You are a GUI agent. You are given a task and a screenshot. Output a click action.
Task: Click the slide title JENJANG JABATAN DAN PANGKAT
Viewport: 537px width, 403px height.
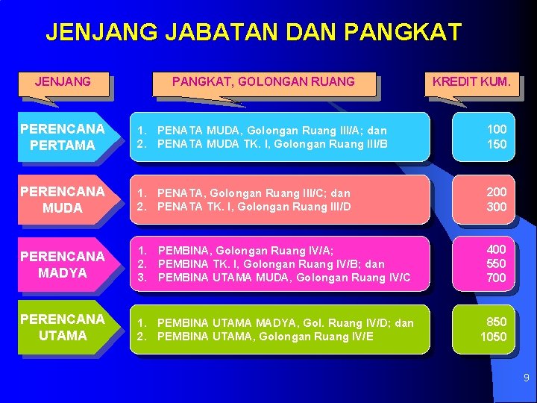click(254, 32)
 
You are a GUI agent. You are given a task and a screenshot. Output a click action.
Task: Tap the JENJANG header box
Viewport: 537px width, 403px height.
click(63, 81)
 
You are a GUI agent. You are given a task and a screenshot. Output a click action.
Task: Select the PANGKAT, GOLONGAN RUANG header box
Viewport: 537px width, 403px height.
click(263, 81)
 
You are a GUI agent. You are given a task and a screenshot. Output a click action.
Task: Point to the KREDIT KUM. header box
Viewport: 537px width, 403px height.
click(471, 81)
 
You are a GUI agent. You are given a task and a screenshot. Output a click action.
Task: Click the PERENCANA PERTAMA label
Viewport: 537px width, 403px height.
click(63, 137)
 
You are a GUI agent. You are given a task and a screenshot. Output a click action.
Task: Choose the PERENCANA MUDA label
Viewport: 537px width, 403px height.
click(63, 199)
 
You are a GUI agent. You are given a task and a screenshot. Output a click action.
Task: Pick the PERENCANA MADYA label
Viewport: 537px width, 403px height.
click(63, 264)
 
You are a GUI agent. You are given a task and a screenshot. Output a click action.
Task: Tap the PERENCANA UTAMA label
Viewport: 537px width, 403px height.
click(63, 327)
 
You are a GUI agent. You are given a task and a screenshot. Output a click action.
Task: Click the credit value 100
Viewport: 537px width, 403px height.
click(497, 129)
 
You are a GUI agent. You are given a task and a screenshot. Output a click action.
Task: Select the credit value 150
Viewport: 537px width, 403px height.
click(497, 144)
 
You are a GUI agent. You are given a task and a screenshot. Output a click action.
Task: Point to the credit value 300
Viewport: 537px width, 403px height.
click(497, 207)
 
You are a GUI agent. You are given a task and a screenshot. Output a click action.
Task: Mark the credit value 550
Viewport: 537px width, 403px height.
click(497, 263)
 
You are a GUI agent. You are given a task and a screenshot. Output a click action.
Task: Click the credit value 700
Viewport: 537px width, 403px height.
click(497, 278)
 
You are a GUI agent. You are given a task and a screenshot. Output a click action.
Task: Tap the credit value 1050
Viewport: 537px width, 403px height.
click(494, 337)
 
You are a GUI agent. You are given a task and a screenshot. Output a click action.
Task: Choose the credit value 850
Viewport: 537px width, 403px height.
click(497, 322)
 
